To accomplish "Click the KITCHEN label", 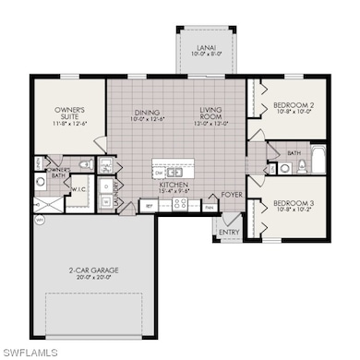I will (174, 188).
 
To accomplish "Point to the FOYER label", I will (231, 195).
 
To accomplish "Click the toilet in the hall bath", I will (286, 168).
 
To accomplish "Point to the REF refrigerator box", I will (147, 207).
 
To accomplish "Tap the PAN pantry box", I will (210, 208).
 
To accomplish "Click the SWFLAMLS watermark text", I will (30, 353).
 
